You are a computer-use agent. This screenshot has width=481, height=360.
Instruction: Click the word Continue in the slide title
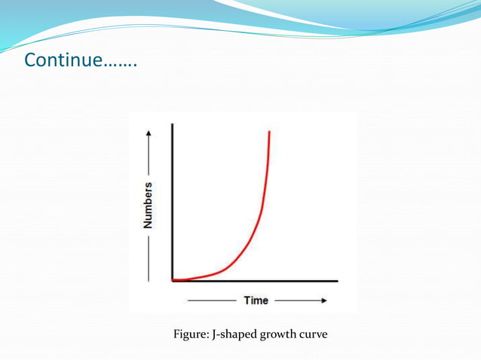(x=63, y=60)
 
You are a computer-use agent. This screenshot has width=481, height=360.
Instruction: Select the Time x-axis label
(x=256, y=301)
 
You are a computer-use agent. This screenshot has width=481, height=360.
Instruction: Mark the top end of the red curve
(x=269, y=132)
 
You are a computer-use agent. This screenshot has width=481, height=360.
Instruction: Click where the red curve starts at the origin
(x=175, y=280)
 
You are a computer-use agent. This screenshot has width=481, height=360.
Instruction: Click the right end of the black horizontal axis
(x=336, y=281)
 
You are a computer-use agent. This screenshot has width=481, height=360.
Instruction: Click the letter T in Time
(x=247, y=301)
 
